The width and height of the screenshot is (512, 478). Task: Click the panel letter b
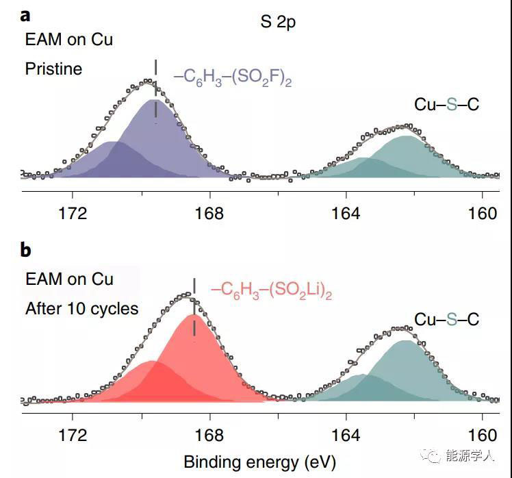coord(25,250)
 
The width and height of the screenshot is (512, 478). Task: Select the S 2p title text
coord(278,23)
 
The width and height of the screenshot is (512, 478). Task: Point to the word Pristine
coord(53,68)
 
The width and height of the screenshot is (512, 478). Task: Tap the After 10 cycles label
coord(81,308)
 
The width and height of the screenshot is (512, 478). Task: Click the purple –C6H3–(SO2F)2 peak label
coord(233,77)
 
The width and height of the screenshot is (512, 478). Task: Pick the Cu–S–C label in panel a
coord(446,104)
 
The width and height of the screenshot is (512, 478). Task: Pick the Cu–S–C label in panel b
coord(446,319)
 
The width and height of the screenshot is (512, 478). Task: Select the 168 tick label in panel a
coord(209,214)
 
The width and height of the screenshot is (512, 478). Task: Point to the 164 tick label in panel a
coord(346,214)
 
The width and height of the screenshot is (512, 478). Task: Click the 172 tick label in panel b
coord(73,436)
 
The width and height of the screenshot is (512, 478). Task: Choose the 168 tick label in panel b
coord(209,436)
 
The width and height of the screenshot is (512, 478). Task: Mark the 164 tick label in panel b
coord(346,436)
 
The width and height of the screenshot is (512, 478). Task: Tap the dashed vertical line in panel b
coord(194,309)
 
